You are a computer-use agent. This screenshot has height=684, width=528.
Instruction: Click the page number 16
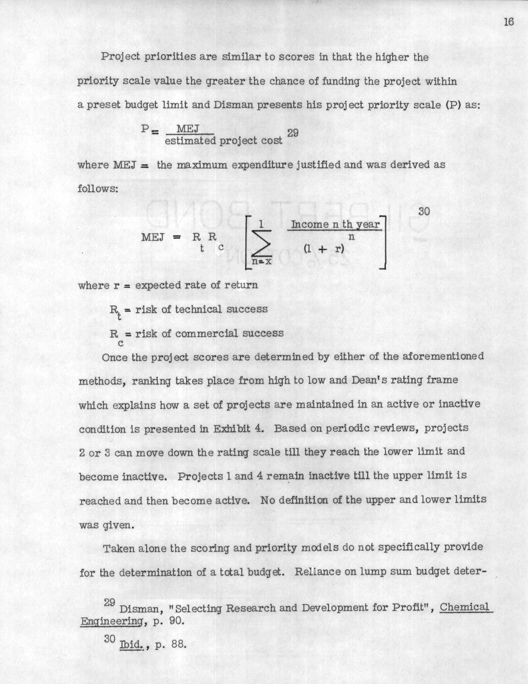(x=509, y=23)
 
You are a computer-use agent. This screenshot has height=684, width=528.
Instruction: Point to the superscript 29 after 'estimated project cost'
(x=292, y=133)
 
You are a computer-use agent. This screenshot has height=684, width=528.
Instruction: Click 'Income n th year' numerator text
(x=336, y=224)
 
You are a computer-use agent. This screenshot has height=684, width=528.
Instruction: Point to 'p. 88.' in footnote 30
(x=167, y=645)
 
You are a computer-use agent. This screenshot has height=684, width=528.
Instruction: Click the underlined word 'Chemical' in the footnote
(x=464, y=607)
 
